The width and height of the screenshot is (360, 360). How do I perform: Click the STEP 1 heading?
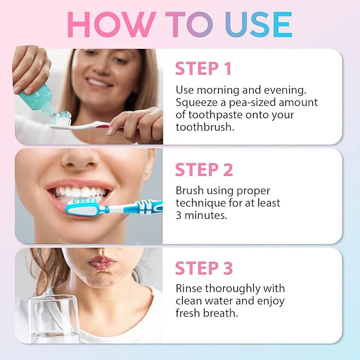[x=204, y=69]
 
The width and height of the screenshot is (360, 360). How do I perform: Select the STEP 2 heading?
[x=204, y=170]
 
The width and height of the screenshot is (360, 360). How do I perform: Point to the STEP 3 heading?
[x=204, y=268]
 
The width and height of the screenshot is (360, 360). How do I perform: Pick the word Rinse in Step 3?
[x=188, y=288]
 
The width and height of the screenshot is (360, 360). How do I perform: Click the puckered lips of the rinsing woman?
[x=102, y=262]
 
